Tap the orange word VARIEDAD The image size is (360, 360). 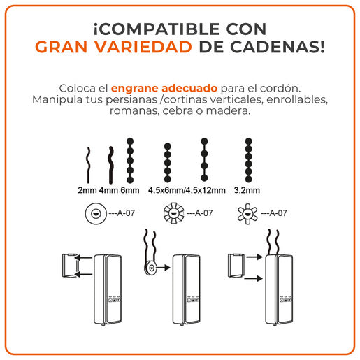click(143, 47)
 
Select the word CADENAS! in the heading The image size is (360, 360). click(278, 47)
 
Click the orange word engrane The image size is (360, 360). click(134, 89)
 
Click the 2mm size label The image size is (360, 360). click(87, 190)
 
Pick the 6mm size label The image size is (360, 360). click(130, 190)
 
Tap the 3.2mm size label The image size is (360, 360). click(247, 190)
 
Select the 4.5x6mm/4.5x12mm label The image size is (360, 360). click(187, 190)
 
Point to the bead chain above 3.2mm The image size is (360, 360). click(249, 160)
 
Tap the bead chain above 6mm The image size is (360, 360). click(130, 161)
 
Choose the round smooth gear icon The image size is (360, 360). click(96, 213)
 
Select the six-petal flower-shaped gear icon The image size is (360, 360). click(247, 214)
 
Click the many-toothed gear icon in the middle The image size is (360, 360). click(173, 213)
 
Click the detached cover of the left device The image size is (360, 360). click(69, 266)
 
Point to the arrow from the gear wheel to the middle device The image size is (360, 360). click(164, 268)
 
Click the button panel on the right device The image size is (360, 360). click(286, 300)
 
